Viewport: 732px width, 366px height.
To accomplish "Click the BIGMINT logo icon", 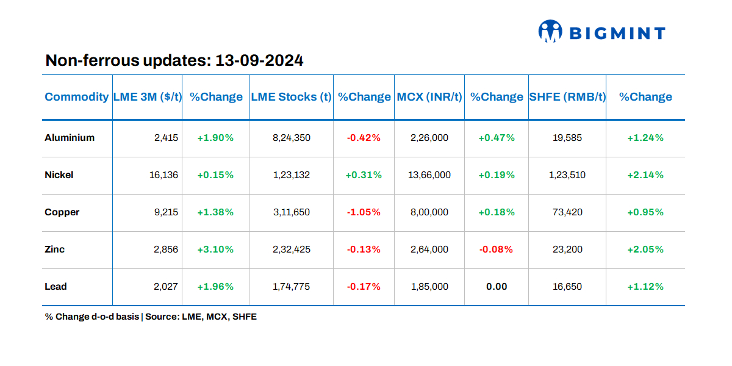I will coord(550,32).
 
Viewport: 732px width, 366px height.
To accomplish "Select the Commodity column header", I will coord(77,97).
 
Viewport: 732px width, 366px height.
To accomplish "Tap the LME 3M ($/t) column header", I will coord(148,97).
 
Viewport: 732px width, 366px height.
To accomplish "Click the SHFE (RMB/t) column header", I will coord(567,97).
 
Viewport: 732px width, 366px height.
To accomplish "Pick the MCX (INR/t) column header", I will coord(429,97).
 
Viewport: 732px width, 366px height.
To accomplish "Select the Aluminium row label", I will coord(70,138).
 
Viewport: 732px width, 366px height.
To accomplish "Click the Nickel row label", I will coord(59,175).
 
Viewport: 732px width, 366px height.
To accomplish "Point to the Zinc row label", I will coord(55,249).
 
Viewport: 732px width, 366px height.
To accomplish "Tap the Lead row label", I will coord(56,287).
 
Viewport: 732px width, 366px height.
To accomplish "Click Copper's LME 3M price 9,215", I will coord(166,212).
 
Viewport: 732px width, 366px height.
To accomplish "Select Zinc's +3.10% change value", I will coord(215,249).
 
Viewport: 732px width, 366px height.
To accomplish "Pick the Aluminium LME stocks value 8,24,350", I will coord(291,138).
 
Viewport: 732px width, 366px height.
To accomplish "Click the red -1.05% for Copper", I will coord(364,212).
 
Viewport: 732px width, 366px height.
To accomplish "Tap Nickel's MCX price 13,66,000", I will coord(429,175).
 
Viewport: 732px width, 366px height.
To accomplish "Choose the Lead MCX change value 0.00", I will coord(497,287).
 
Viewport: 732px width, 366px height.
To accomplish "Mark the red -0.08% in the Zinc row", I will coord(496,249).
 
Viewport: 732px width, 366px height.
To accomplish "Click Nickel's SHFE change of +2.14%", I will coord(645,175).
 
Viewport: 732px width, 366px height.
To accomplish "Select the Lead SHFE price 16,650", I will coord(567,287).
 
